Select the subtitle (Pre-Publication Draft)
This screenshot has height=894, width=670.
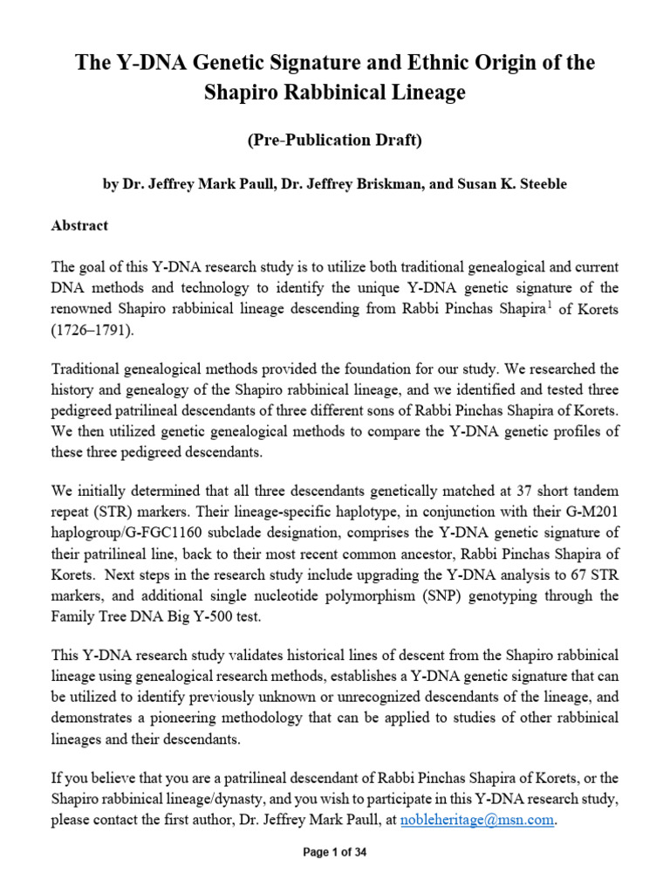(x=335, y=141)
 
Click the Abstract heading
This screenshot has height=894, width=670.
(x=80, y=225)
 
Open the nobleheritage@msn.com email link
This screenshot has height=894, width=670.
(x=477, y=821)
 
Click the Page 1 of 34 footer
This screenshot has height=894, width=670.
(x=335, y=854)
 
